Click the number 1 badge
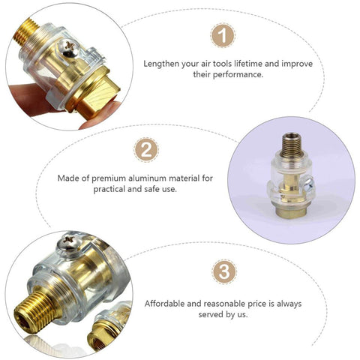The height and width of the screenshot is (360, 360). pyautogui.click(x=222, y=34)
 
